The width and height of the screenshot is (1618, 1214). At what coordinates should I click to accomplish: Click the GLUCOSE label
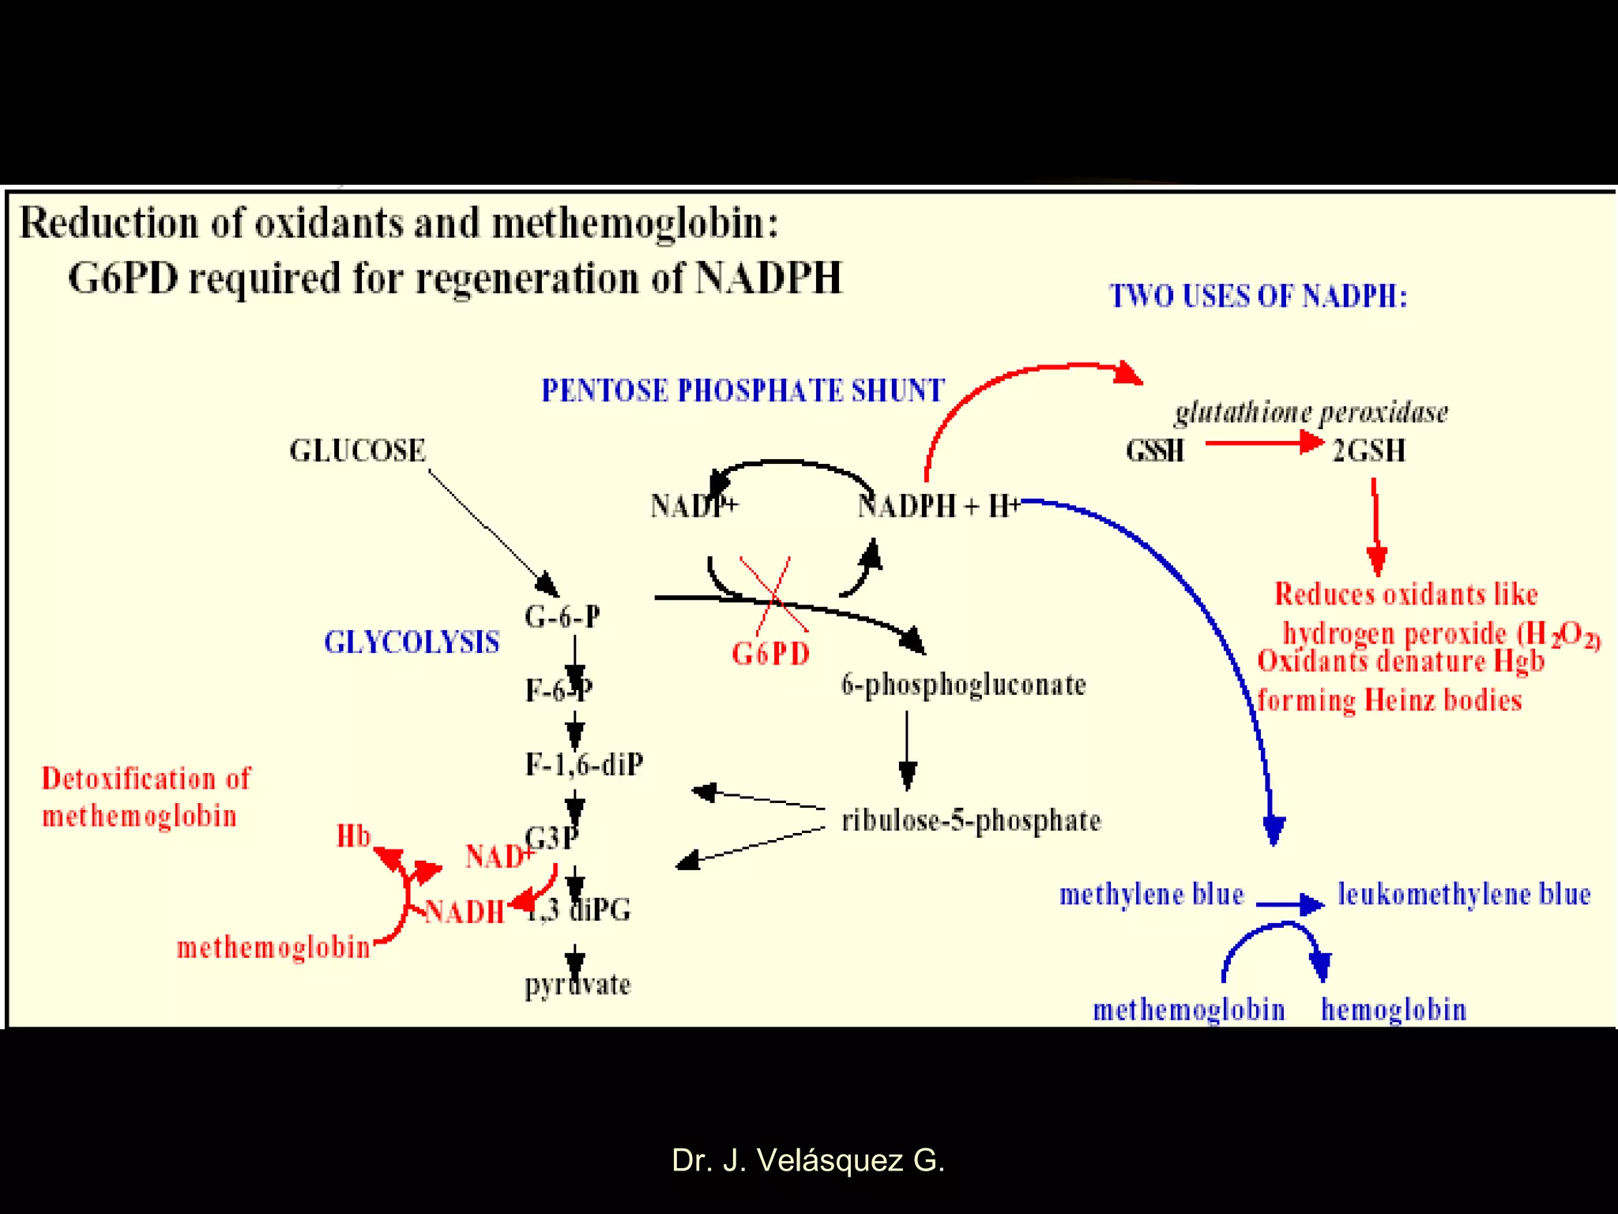pos(357,451)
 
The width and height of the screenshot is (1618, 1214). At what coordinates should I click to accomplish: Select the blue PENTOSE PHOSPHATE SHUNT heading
pos(742,390)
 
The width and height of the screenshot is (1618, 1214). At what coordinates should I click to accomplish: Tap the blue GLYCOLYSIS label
pos(412,642)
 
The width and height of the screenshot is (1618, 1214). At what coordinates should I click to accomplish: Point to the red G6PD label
pos(770,654)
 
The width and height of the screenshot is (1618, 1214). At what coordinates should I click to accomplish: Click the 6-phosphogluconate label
pos(963,684)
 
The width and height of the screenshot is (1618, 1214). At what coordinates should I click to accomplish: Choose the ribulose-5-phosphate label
pos(971,820)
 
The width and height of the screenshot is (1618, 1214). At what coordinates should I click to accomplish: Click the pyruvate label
pos(578,985)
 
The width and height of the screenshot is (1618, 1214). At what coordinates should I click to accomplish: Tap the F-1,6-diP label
pos(584,764)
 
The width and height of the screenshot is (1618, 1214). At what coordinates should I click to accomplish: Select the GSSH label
pos(1154,451)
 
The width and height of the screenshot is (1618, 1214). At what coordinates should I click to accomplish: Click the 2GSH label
pos(1368,451)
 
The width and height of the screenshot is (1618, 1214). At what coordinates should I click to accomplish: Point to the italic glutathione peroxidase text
pos(1311,413)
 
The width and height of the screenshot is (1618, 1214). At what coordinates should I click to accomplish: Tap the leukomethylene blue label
pos(1463,894)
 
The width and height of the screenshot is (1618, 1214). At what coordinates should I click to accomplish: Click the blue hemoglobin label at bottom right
pos(1394,1009)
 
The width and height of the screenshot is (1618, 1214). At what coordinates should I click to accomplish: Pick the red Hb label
pos(353,836)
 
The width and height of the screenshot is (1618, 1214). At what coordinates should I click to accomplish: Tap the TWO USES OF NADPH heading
pos(1258,296)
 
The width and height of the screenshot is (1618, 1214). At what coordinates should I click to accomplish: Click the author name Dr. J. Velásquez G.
pos(807,1160)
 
